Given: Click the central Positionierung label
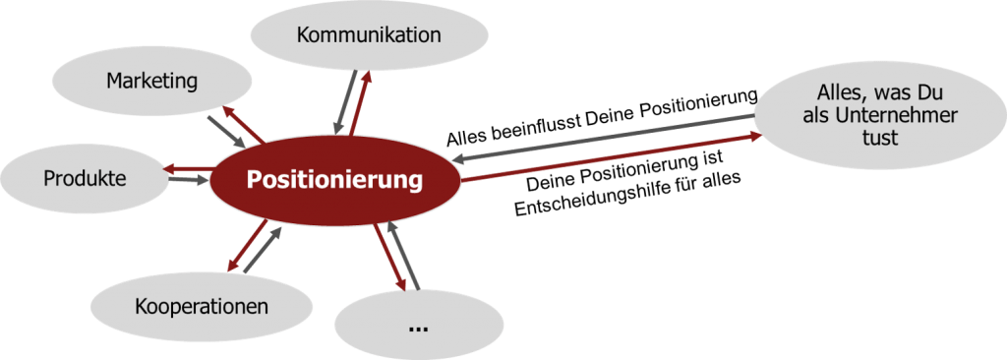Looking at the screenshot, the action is click(x=334, y=181).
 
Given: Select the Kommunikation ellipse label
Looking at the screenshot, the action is click(x=369, y=36).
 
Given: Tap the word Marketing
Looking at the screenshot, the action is click(x=152, y=80).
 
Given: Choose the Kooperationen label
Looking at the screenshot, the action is click(x=202, y=306).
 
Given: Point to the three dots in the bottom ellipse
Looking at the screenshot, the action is click(x=418, y=325).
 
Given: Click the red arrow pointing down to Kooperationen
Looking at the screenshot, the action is click(x=246, y=245).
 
